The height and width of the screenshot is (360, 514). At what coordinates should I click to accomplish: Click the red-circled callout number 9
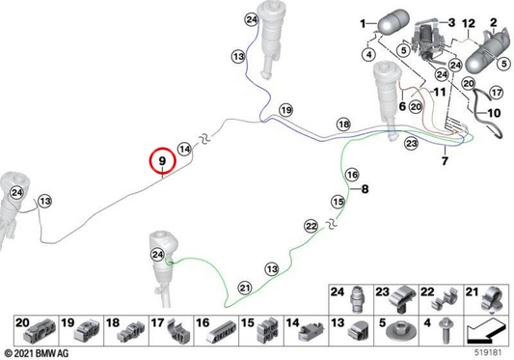[x=163, y=161]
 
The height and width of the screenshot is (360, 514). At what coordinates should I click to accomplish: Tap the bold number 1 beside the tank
[x=363, y=23]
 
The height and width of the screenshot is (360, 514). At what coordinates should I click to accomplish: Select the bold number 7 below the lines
[x=445, y=161]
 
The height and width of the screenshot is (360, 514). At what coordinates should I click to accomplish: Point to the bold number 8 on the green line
[x=365, y=189]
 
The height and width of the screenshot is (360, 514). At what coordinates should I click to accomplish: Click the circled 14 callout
[x=185, y=150]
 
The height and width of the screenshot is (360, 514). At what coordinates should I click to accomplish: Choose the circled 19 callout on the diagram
[x=286, y=110]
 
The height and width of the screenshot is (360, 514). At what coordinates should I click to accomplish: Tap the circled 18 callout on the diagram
[x=344, y=125]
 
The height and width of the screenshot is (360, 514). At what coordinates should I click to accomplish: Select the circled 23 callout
[x=412, y=144]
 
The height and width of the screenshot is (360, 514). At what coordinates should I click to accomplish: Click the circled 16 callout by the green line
[x=352, y=175]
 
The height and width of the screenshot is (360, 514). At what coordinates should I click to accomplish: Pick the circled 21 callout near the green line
[x=245, y=289]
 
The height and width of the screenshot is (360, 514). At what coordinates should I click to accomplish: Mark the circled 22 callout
[x=311, y=226]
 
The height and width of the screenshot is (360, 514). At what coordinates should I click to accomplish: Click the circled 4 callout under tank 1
[x=369, y=54]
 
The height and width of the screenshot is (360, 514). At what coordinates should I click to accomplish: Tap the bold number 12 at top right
[x=469, y=23]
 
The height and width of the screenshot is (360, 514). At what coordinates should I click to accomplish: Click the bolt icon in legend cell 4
[x=444, y=331]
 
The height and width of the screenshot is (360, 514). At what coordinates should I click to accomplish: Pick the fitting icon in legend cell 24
[x=357, y=298]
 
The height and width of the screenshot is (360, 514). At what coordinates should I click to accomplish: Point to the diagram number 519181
[x=488, y=353]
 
